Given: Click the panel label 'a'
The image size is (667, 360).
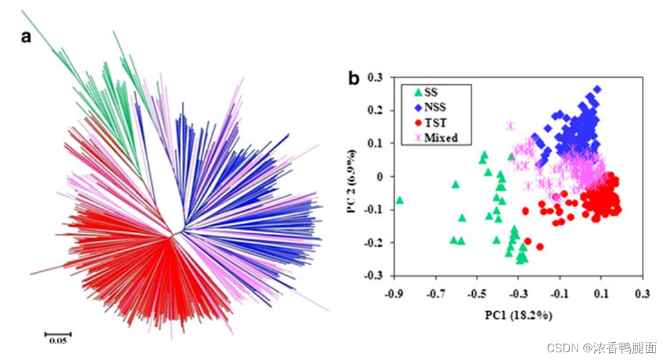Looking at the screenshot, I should point(26,37).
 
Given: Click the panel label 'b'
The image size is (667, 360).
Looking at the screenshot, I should point(354,78).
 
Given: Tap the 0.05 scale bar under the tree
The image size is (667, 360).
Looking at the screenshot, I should point(58,335).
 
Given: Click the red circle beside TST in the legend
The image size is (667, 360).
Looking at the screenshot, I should point(416,123).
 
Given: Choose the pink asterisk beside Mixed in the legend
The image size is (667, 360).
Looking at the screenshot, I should point(416,138).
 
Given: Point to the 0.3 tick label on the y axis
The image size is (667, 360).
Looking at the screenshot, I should point(375,78).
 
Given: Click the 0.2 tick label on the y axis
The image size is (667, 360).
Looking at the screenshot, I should point(375,111).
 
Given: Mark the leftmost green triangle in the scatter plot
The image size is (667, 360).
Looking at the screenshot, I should point(399,200).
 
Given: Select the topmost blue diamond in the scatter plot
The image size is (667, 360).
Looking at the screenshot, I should point(597,89).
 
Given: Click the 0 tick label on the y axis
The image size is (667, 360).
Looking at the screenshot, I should point(379,177).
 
